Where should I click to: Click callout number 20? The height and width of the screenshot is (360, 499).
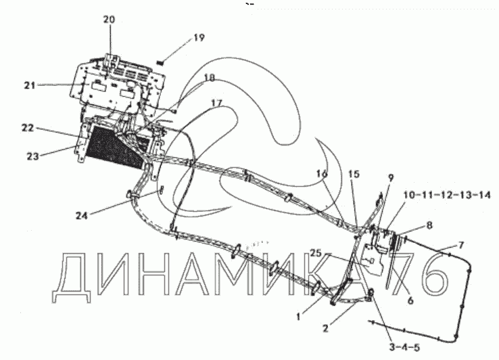pos(109,20)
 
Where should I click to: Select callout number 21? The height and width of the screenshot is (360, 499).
pos(29,85)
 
